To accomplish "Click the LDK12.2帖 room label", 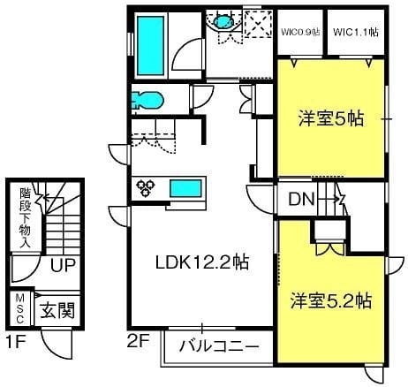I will [201, 262].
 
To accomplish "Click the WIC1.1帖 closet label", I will [356, 33].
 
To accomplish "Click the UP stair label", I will [61, 265].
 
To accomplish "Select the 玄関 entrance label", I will [57, 310].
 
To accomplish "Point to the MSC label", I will [19, 311].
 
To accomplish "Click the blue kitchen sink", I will [185, 187].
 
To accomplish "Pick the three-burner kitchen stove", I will [145, 187].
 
